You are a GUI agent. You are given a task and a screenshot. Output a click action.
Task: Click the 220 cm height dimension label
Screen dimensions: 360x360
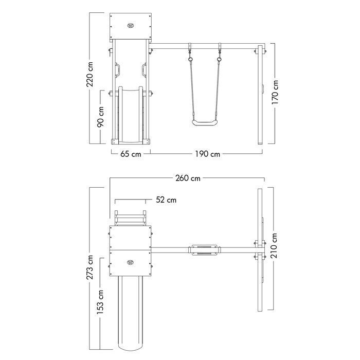90,74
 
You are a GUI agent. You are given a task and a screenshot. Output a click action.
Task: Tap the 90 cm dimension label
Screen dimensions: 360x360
100,117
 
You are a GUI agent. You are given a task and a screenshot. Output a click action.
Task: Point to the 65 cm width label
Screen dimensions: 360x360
131,154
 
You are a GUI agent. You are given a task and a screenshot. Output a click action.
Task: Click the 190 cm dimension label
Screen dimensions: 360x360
208,154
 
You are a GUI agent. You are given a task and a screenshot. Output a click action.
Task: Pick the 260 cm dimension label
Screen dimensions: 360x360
188,178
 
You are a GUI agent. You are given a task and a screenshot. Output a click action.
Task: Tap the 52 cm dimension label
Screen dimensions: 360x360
166,200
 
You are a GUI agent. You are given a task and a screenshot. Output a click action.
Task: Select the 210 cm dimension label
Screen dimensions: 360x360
274,245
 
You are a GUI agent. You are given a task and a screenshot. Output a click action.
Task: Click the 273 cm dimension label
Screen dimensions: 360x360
90,267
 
